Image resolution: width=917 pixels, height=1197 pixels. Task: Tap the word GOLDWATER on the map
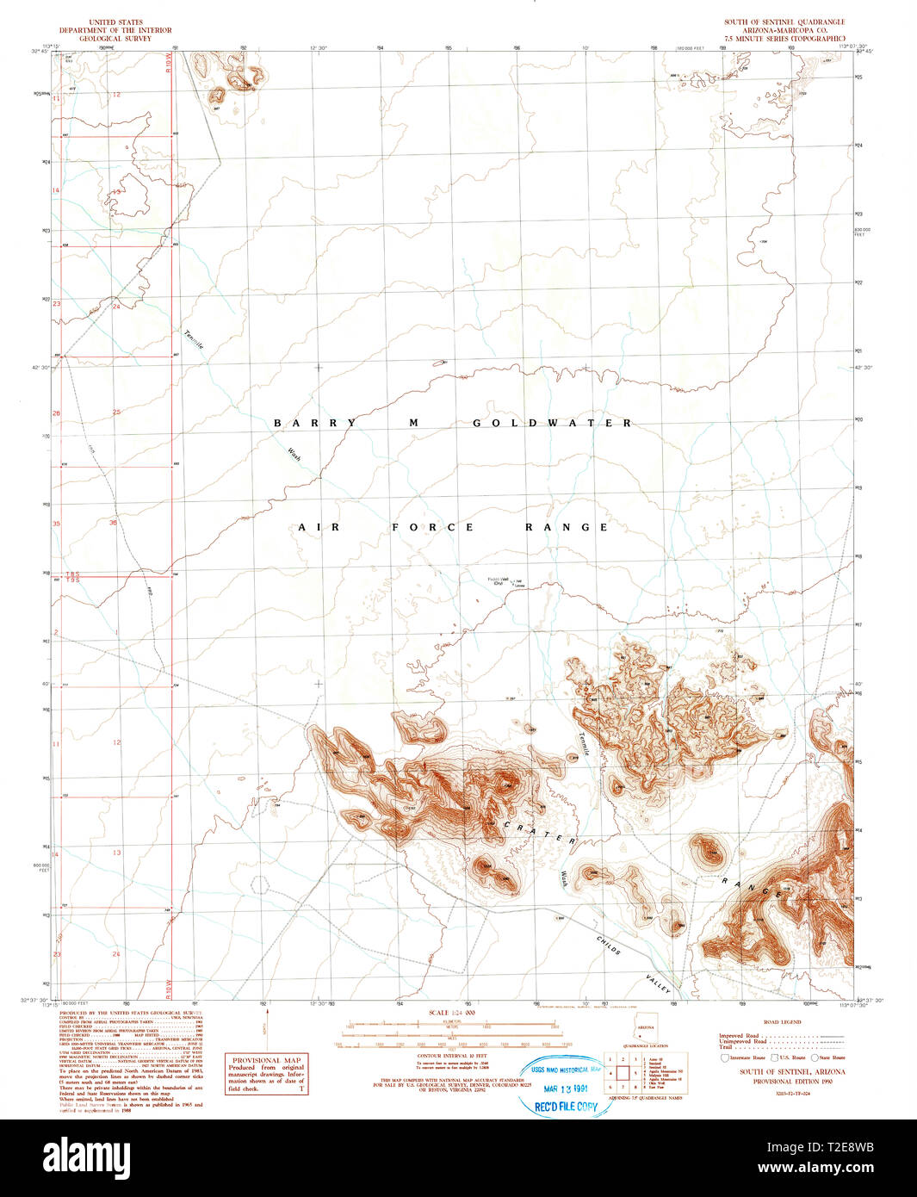(x=552, y=423)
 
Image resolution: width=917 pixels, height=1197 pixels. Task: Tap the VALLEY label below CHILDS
(x=658, y=984)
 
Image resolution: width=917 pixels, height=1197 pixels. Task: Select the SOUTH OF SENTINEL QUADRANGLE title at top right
(x=784, y=22)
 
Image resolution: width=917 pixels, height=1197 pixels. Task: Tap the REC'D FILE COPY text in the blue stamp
(x=566, y=1107)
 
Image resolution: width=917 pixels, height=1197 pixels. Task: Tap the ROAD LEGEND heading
(x=783, y=1022)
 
